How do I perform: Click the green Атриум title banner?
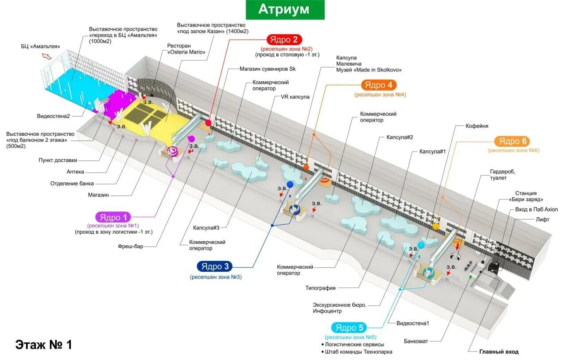tap(285, 10)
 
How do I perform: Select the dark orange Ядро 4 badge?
tap(379, 85)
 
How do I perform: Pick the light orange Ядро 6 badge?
tap(512, 141)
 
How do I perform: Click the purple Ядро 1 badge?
tap(113, 217)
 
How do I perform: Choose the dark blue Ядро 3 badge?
tap(216, 266)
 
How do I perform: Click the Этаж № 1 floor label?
tap(43, 344)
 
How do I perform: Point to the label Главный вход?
tap(498, 352)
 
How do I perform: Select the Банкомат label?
tap(416, 341)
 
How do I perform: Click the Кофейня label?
tap(477, 126)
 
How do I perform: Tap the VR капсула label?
tap(295, 97)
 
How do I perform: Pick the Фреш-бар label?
tap(131, 246)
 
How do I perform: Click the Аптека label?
tap(75, 172)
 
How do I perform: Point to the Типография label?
tap(321, 288)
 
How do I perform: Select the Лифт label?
tap(542, 219)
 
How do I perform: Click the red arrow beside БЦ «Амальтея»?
tap(47, 56)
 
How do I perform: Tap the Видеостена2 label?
tap(53, 116)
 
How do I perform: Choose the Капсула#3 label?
tap(206, 227)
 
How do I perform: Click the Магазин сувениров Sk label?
tap(267, 69)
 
